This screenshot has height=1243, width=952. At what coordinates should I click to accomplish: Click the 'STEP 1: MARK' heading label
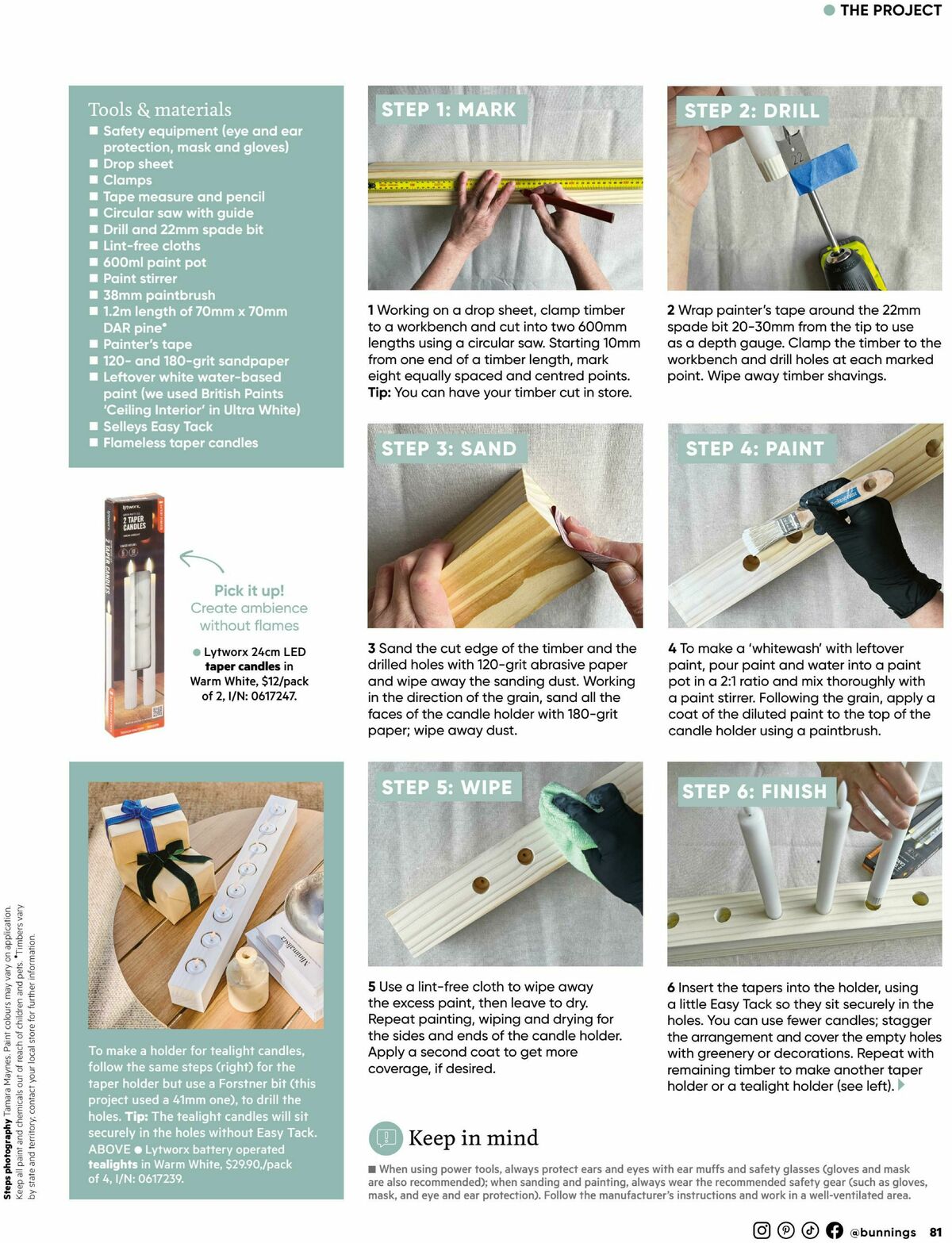point(448,109)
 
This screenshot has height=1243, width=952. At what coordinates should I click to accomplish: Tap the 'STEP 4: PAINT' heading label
point(754,449)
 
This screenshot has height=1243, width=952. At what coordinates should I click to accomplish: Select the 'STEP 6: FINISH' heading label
point(754,791)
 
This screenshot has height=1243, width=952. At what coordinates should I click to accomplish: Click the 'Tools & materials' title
point(159,109)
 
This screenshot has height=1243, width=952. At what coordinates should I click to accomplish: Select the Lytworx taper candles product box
point(134,616)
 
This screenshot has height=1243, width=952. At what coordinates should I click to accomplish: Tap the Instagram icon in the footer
point(762,1230)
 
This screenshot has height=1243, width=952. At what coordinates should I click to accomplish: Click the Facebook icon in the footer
point(834,1230)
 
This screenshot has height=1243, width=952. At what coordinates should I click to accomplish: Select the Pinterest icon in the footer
point(785,1230)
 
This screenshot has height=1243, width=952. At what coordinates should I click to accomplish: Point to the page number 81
point(936,1232)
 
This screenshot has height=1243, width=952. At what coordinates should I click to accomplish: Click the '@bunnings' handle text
point(882,1232)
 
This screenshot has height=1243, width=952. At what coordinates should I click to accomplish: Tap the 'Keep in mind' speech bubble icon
point(386,1138)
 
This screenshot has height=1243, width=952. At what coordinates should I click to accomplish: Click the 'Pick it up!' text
point(249,590)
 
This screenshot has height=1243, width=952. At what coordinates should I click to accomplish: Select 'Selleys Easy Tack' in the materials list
point(157,427)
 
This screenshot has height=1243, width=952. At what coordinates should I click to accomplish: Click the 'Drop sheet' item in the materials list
point(137,164)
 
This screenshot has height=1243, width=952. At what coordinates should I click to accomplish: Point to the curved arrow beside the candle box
point(202,561)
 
